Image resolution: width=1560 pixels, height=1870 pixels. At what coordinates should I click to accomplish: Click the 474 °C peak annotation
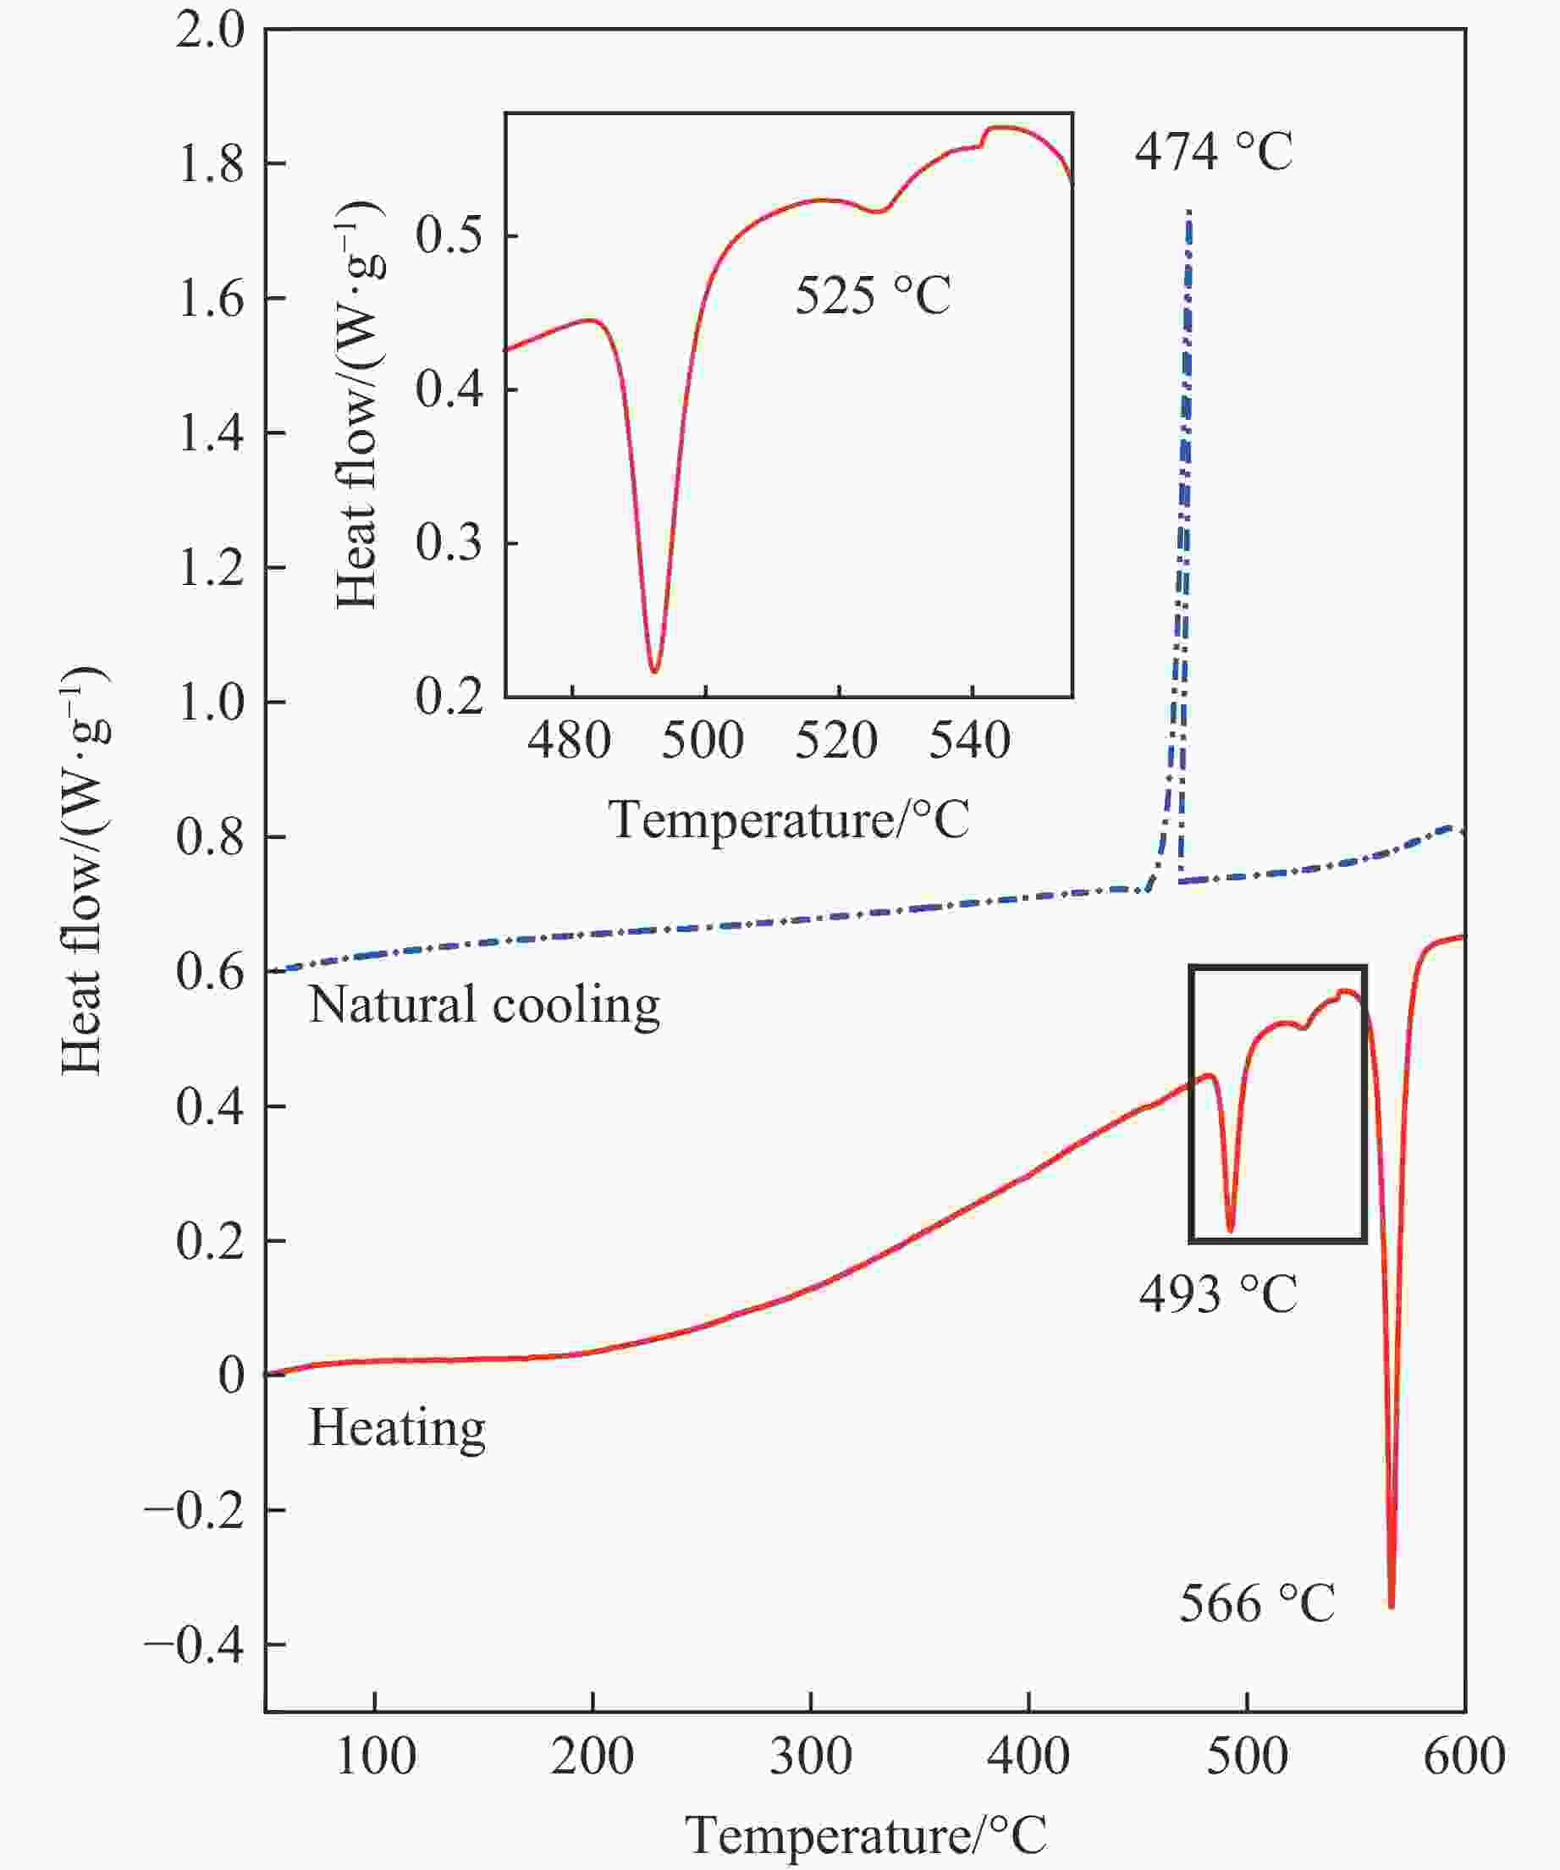[1213, 152]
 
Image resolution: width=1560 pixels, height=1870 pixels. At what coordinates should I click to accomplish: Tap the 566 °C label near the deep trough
[1257, 1603]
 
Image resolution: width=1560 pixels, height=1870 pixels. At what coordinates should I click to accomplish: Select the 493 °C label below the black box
[1218, 1294]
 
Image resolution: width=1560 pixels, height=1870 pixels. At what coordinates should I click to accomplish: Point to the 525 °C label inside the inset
[873, 295]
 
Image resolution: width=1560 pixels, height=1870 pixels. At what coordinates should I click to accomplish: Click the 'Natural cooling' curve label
[484, 1006]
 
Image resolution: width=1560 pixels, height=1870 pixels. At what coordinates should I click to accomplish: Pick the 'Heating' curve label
[397, 1427]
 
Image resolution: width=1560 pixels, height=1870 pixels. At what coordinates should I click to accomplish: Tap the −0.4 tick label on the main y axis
[194, 1646]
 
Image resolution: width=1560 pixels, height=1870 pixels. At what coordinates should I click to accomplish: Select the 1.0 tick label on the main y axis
[210, 703]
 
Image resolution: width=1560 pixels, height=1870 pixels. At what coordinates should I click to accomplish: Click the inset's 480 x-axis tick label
[569, 740]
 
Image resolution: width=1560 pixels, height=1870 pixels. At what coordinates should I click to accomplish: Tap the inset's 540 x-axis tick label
[970, 740]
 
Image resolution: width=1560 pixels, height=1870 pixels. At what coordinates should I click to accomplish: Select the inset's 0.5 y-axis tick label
[449, 236]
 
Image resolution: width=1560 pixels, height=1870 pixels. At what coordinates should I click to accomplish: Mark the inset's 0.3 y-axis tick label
[449, 543]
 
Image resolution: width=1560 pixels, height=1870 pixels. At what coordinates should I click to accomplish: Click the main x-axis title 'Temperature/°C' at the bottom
[865, 1835]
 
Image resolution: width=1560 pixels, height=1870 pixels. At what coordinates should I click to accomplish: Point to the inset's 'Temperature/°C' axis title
[789, 819]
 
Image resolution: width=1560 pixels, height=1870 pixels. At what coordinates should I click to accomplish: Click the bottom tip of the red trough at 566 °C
[1391, 1606]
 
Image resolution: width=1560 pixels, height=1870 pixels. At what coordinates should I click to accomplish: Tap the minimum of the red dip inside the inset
[654, 670]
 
